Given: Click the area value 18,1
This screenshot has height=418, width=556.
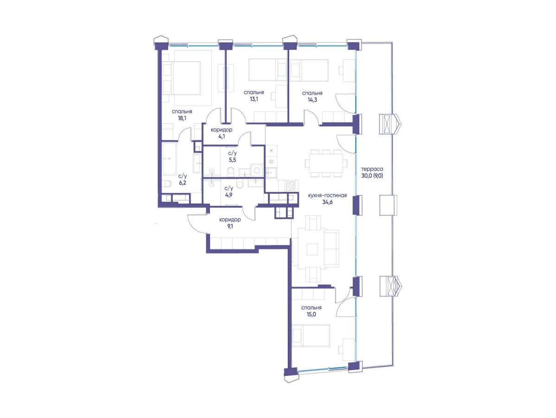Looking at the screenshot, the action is point(182,118).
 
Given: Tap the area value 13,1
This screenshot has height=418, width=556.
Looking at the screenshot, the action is point(254,99).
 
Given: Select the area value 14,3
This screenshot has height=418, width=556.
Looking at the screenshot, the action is point(312,100).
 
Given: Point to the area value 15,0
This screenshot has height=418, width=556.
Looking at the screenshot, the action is point(312,314).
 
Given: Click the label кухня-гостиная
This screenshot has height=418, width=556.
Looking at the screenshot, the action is point(327,196).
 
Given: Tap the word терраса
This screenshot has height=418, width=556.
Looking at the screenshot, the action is point(372,169).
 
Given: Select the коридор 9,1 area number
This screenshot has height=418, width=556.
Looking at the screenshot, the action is point(230,226).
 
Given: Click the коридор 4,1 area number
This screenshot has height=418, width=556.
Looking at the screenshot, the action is point(222,136).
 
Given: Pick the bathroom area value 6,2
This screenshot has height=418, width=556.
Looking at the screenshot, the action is point(183,183).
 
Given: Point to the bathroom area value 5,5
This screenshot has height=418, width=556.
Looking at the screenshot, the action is point(232,160).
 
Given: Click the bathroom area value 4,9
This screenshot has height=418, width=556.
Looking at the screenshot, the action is point(228,195).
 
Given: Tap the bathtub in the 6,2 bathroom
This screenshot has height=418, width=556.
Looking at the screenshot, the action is point(169,159).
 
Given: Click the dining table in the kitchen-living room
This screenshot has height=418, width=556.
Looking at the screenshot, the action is point(326,163).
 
